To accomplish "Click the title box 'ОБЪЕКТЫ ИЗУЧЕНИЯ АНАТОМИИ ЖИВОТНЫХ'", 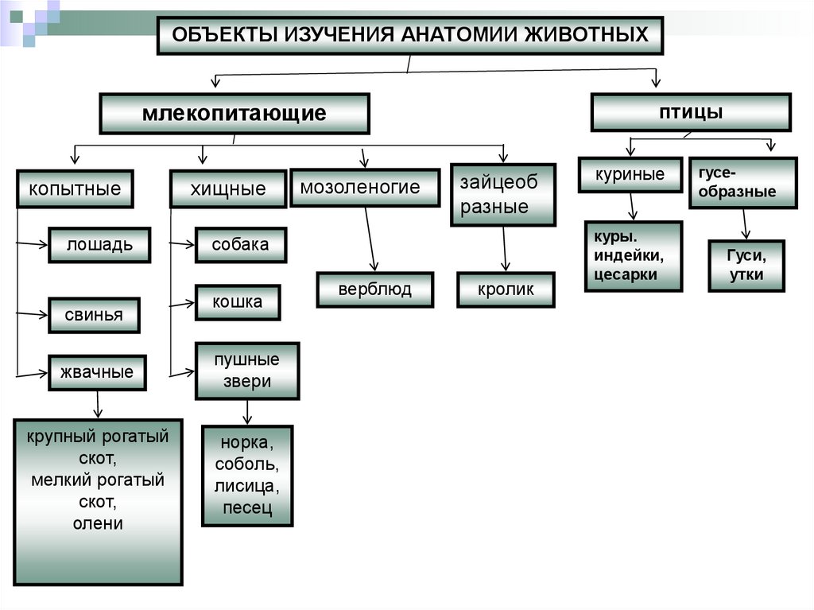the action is coord(409,35).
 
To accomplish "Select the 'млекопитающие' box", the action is coord(235,113).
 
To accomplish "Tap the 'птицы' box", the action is coord(690,112).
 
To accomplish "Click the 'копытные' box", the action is coord(75,189).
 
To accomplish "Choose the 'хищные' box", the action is coord(227,189).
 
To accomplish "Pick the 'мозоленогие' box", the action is coord(364,188).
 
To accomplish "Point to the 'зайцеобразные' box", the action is coord(502,195).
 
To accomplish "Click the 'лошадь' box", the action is coord(100,245).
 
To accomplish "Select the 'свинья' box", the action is coord(94,315).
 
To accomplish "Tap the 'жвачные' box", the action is coord(97,372).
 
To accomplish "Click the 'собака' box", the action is coord(240,245).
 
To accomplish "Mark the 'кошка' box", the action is coord(237,302).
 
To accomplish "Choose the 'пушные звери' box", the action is coord(247,371).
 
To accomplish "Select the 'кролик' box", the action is coord(506,289).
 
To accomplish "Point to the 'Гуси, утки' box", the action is coord(746,266).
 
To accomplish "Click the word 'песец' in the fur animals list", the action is coord(247,507).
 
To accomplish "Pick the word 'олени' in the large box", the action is coord(98,523).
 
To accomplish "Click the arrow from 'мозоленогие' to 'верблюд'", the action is coord(370,239).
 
